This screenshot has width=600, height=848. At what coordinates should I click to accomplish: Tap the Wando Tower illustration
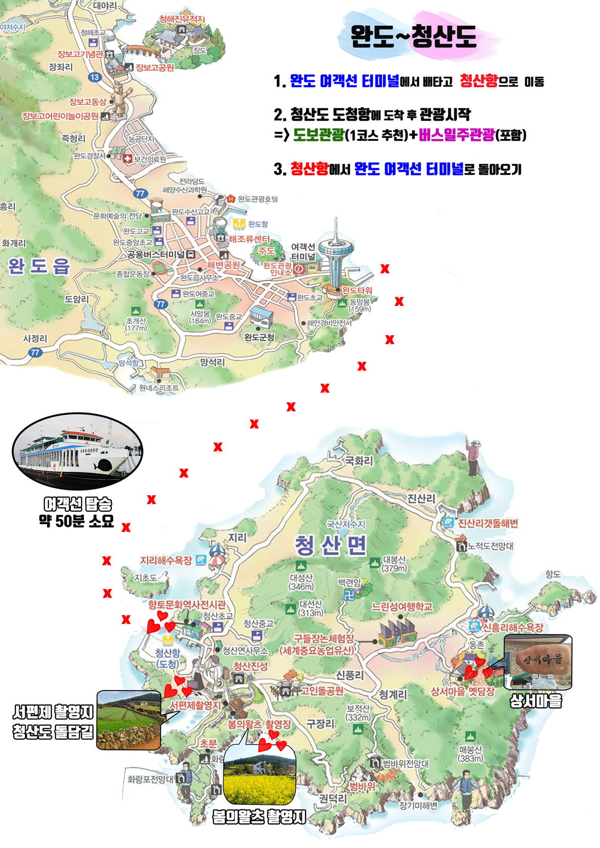(335, 256)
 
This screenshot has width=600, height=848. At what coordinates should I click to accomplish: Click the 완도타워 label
(357, 291)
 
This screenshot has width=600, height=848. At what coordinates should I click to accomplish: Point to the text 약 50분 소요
(76, 522)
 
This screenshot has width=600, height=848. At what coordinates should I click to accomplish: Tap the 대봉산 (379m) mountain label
(394, 564)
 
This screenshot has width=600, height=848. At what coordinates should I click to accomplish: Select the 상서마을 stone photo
(538, 662)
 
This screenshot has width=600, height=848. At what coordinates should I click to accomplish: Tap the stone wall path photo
(129, 720)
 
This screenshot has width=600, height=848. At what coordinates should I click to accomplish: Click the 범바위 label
(362, 787)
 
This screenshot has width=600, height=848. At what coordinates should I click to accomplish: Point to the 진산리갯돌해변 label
(488, 523)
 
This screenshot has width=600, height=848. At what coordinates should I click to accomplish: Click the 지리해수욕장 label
(166, 561)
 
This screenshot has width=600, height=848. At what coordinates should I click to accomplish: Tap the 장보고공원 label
(155, 68)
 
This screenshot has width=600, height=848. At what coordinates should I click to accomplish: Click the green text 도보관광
(318, 135)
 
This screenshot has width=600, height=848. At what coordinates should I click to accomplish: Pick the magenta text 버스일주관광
(456, 135)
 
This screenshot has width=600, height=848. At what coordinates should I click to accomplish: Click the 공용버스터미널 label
(155, 255)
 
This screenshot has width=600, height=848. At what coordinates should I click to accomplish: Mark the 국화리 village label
(359, 461)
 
